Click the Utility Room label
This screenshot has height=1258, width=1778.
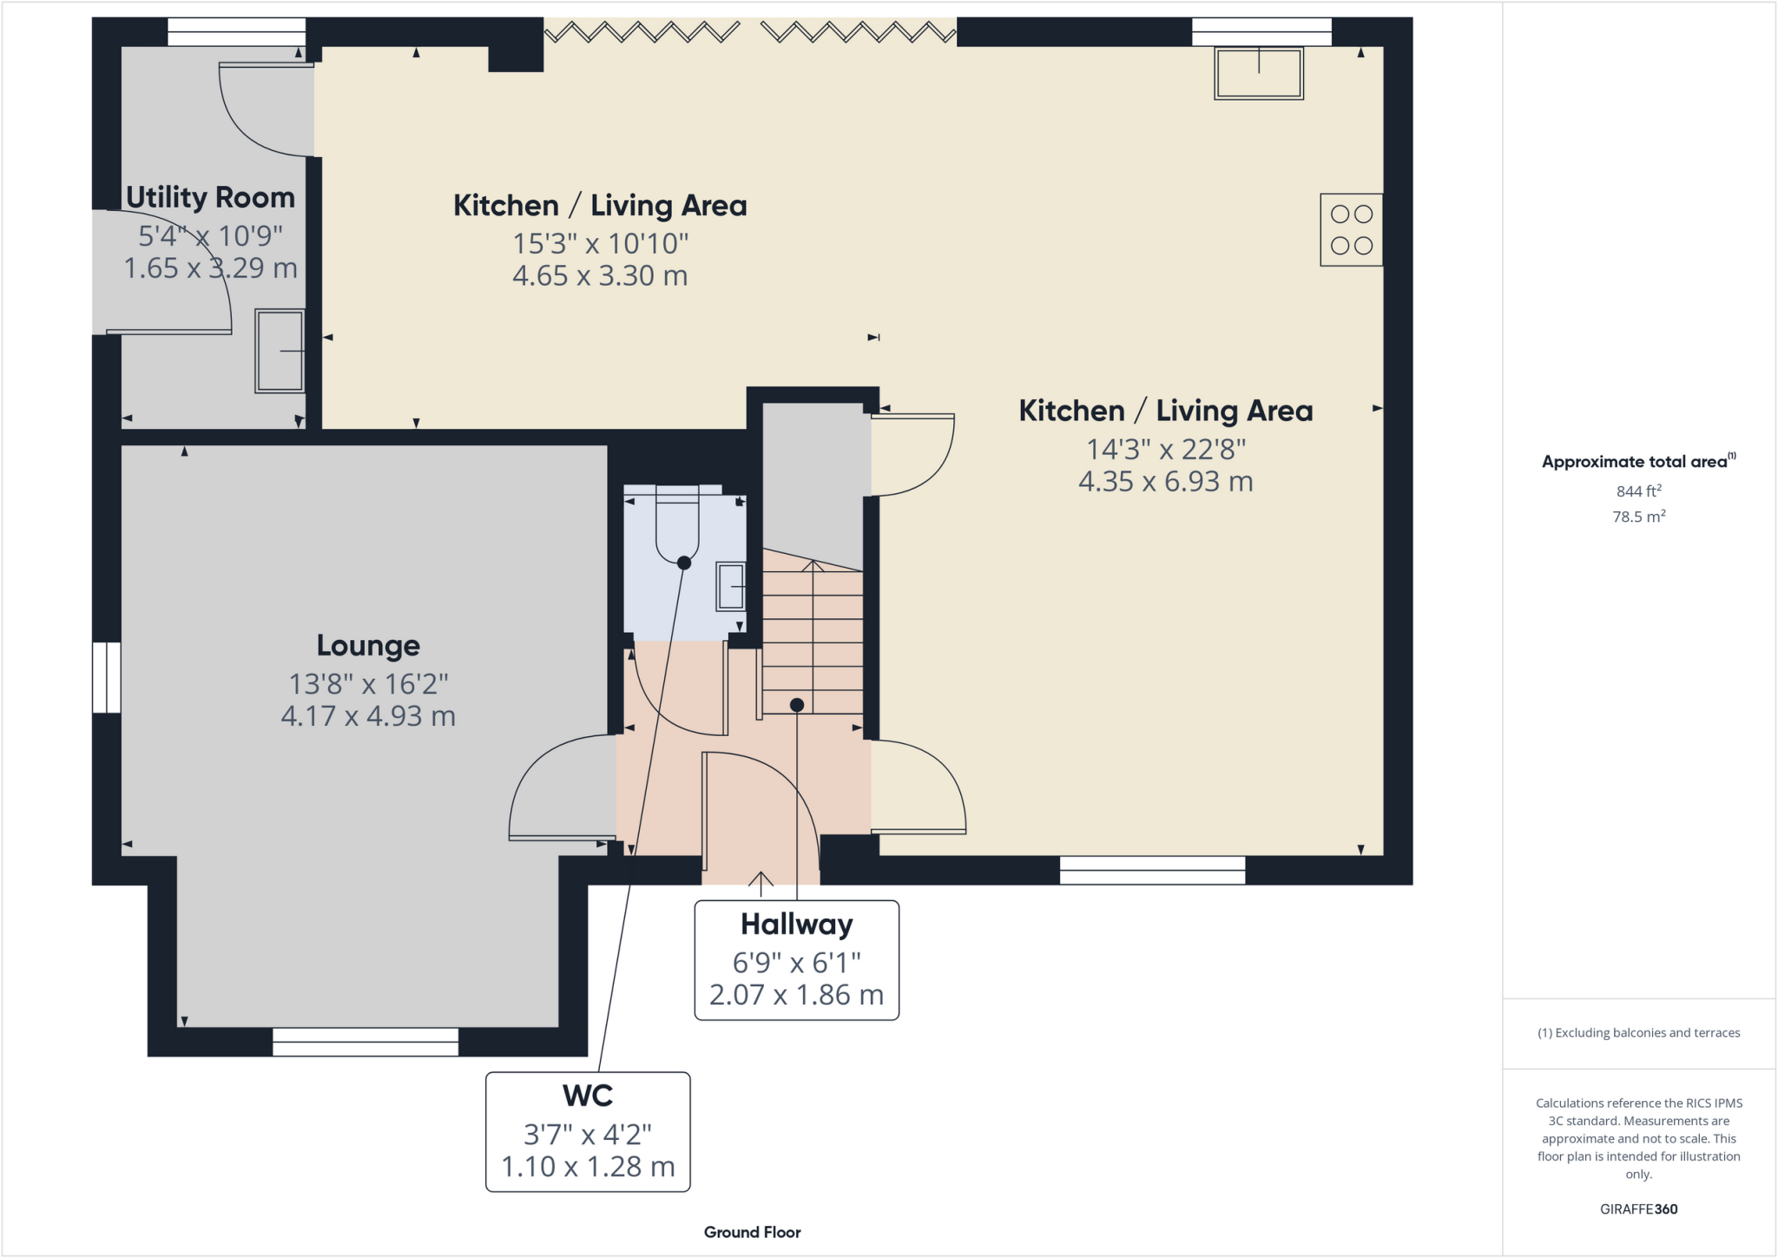(x=210, y=198)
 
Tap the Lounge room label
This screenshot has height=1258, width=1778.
(x=368, y=646)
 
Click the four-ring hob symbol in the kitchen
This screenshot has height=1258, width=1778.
(x=1351, y=230)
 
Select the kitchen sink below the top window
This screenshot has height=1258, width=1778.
(x=1258, y=74)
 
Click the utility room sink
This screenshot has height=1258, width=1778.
(x=280, y=351)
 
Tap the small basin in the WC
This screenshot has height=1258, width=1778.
(x=730, y=586)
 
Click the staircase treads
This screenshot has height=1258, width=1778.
(x=813, y=642)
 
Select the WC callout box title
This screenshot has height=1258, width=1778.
(x=588, y=1096)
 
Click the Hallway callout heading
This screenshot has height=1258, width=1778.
(x=796, y=925)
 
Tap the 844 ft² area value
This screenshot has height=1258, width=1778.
(x=1638, y=491)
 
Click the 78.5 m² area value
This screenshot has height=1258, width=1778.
(x=1638, y=517)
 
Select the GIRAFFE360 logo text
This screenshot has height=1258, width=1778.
(x=1638, y=1209)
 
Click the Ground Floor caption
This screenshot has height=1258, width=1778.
(x=752, y=1232)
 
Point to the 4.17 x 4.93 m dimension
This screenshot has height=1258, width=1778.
(x=368, y=716)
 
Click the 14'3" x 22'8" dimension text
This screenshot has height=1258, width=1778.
(x=1166, y=450)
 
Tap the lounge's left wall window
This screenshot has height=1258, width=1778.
(x=107, y=677)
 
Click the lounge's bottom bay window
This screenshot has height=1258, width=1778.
(x=365, y=1042)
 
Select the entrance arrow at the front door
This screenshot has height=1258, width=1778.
(x=761, y=882)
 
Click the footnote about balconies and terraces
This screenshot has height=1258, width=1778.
(x=1638, y=1033)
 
